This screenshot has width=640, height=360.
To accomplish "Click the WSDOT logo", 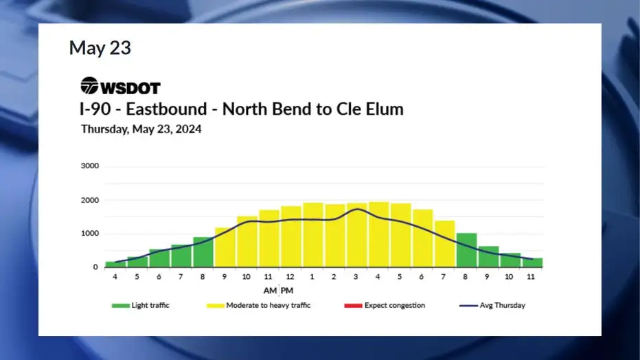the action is coord(120,86).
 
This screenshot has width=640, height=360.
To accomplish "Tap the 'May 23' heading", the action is coord(100,48).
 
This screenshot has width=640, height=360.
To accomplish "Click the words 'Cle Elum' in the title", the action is coord(370,109).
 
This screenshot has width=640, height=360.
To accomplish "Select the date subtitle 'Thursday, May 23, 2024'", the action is coord(141,129).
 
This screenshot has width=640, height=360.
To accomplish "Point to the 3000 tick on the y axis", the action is coord(90,166).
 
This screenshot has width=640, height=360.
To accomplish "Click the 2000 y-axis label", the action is coord(90,200).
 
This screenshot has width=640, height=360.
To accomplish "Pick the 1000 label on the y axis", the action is coord(90,234).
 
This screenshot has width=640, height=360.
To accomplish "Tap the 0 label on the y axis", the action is coord(95,267).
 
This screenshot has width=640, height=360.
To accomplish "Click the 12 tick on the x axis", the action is coord(290,277).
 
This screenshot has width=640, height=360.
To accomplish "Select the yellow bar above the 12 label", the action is coord(291,237).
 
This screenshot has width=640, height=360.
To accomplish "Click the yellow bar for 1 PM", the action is coord(313,235).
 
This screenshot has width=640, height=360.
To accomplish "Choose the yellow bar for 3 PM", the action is coord(356,236).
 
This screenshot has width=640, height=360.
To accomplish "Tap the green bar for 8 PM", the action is coord(466,250).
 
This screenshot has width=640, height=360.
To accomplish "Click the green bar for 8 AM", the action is coord(203,252).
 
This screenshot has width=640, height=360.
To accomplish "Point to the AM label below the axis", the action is coord(270,291).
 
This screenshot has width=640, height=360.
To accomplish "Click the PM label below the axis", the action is coord(287,291).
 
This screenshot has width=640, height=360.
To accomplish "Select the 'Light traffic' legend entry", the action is coord(140,305).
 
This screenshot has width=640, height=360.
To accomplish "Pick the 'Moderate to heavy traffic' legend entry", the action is coord(258,305).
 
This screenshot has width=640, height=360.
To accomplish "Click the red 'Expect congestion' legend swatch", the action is coord(353,305).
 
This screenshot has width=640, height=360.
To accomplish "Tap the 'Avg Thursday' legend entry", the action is coord(492,305).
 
